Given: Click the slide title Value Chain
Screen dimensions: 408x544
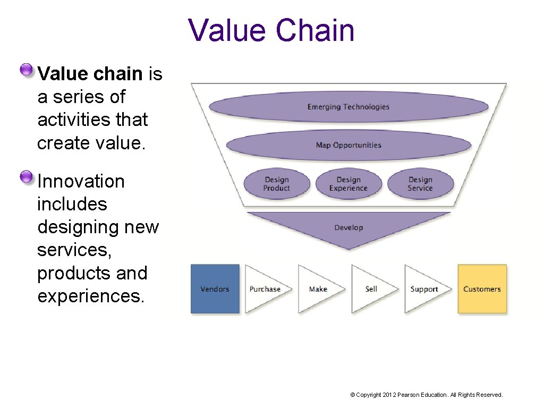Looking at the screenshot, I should [x=271, y=31].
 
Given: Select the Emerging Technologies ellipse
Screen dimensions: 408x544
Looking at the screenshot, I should [x=348, y=107].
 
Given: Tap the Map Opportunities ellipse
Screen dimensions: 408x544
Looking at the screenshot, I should [x=348, y=145].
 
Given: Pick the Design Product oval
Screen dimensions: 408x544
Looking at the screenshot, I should [x=277, y=184].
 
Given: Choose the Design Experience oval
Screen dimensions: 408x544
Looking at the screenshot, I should [x=348, y=184].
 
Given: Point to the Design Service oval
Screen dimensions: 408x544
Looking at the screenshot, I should [x=420, y=184].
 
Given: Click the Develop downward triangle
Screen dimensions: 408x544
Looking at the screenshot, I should [x=348, y=227].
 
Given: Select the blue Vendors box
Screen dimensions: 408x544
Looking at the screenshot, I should [x=215, y=289].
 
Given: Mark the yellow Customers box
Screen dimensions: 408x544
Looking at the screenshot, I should [x=482, y=289].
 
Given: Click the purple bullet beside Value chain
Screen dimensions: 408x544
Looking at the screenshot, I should [x=26, y=70].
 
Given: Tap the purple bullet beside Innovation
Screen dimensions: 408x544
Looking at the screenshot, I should [x=26, y=177].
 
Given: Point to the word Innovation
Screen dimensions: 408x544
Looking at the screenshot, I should [x=81, y=182].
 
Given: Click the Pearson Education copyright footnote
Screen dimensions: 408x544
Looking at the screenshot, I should [x=426, y=395].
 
